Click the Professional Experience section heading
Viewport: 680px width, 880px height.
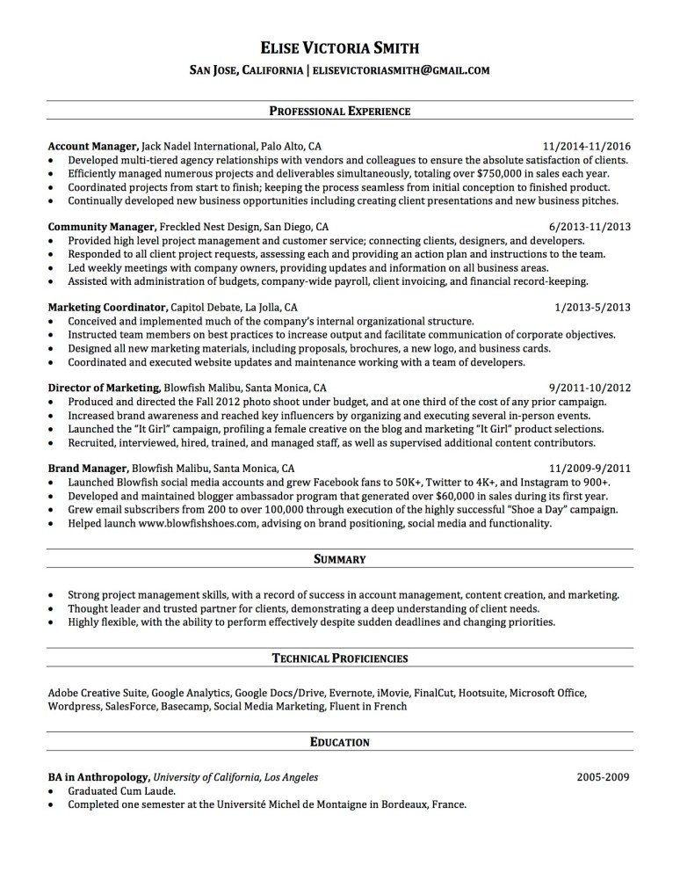(339, 112)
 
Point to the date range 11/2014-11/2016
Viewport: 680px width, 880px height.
(587, 146)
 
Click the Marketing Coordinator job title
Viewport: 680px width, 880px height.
(107, 308)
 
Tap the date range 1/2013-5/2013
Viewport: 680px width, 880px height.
(593, 308)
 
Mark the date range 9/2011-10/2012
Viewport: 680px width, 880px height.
(590, 387)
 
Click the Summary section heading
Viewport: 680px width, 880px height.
(339, 559)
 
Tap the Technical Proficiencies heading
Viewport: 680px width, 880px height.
(339, 658)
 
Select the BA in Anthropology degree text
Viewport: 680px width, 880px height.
(98, 777)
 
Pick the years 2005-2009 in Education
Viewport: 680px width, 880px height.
(604, 777)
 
